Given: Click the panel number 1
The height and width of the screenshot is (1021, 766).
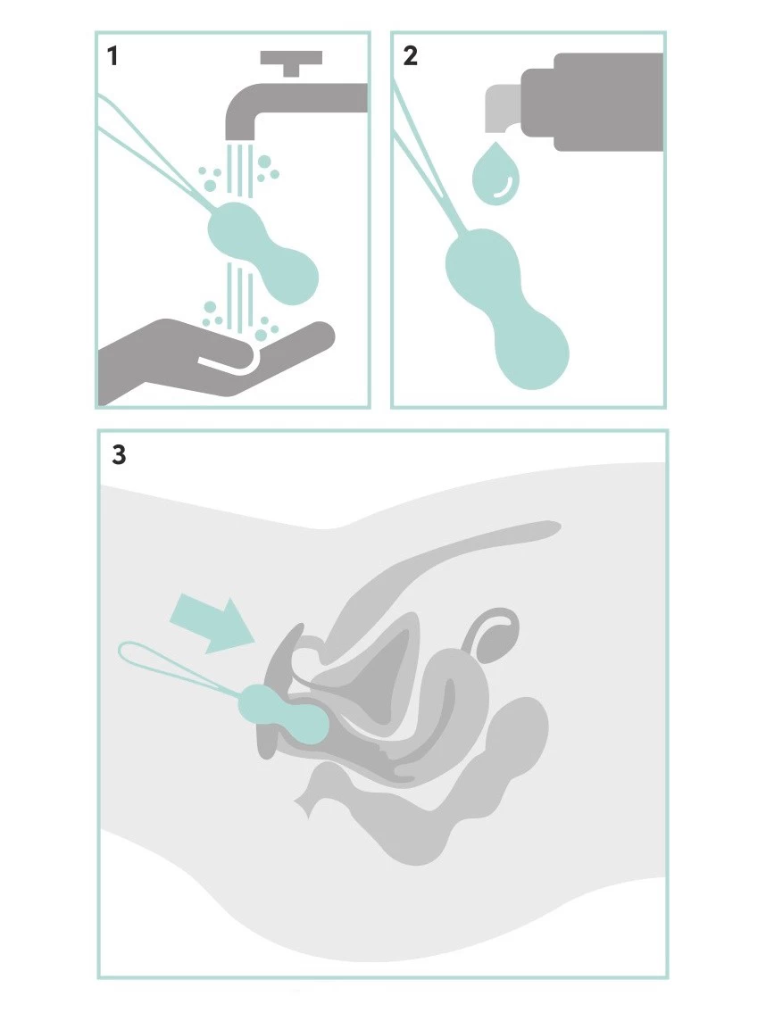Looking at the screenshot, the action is tap(112, 56).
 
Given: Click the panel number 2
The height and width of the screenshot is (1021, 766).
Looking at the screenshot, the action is tap(410, 56).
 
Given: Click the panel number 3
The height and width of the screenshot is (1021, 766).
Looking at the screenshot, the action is tap(119, 454).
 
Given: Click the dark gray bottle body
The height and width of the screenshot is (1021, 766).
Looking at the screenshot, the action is tap(593, 102).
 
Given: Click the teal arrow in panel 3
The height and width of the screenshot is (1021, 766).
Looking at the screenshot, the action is tap(211, 622).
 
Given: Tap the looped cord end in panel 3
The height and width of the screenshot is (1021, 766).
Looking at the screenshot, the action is tap(171, 663).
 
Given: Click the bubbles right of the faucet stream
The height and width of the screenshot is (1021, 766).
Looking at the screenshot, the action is tap(267, 168).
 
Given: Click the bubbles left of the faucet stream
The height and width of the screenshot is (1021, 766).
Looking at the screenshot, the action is tap(210, 179).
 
